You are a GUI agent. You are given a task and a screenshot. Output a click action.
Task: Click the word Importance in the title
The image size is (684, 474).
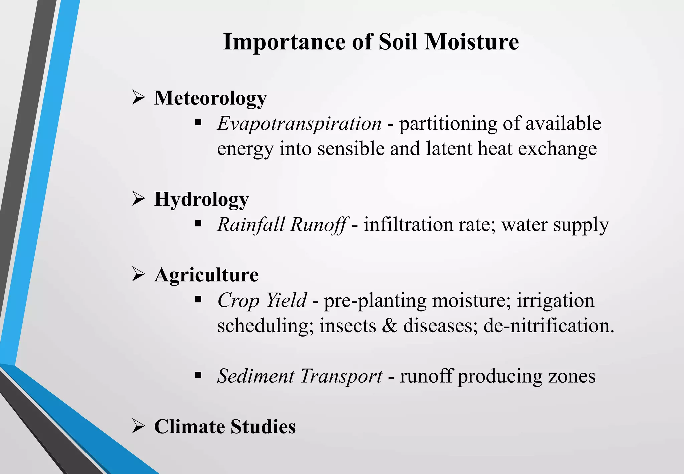point(284,42)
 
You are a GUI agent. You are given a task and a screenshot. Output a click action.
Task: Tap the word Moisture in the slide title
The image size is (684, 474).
point(472,42)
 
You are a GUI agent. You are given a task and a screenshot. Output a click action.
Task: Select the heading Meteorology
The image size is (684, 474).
point(210,98)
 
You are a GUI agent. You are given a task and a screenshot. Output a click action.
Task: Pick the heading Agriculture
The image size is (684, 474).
point(206,275)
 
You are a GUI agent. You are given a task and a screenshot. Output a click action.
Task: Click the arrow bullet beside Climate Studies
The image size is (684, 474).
point(138,426)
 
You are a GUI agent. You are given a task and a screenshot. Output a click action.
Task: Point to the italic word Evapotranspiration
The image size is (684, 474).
point(299,123)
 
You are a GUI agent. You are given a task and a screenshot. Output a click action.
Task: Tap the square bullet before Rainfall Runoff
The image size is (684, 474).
point(198,223)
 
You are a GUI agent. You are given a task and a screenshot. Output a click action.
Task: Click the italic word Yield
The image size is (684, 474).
point(286,300)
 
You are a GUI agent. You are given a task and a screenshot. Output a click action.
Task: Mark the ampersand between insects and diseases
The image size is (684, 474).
point(389,326)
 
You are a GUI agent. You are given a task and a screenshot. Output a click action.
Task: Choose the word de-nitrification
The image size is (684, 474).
point(548,326)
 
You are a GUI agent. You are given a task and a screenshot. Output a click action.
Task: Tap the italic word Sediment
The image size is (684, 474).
point(255,376)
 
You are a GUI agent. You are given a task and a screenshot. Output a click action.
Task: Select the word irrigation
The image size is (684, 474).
point(556,300)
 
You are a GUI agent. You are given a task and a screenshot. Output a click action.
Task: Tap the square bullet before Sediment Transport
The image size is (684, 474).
point(198,375)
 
